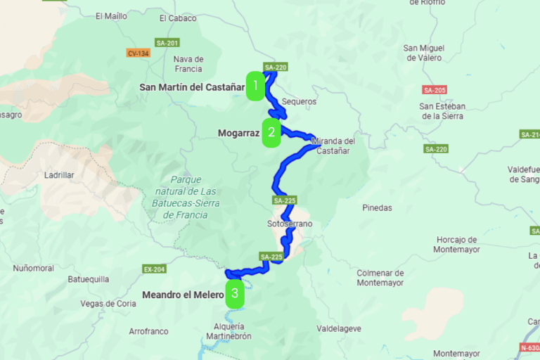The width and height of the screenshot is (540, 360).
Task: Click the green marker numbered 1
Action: pyautogui.click(x=255, y=86)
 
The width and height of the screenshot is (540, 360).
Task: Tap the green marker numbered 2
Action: pyautogui.click(x=271, y=132)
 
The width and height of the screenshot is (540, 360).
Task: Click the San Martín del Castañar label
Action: pyautogui.click(x=191, y=87)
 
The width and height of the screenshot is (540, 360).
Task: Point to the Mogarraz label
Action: pyautogui.click(x=239, y=132)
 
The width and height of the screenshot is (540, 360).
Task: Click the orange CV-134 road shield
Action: pyautogui.click(x=137, y=53)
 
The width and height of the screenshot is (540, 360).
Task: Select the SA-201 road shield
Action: pyautogui.click(x=168, y=43)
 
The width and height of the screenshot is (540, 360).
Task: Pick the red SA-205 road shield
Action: pyautogui.click(x=435, y=90)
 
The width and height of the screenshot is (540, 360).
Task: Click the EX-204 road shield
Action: pyautogui.click(x=154, y=269)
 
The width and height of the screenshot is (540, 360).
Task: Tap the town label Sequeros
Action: pyautogui.click(x=299, y=101)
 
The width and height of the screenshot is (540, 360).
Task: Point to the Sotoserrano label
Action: pyautogui.click(x=289, y=224)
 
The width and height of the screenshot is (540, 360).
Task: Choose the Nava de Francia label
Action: pyautogui.click(x=188, y=64)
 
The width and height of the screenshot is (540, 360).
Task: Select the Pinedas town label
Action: pyautogui.click(x=377, y=208)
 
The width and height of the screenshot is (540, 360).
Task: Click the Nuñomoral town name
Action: pyautogui.click(x=33, y=268)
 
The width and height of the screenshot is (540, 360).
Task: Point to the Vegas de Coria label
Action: pyautogui.click(x=108, y=304)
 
